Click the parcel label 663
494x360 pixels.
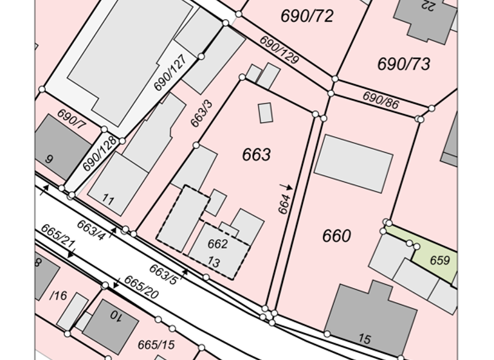tap(256, 155)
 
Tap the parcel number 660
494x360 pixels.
tap(336, 236)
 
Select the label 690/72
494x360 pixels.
tap(307, 16)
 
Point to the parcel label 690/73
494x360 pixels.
tap(403, 64)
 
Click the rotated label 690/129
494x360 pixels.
tap(280, 50)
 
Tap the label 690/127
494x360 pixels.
tap(169, 73)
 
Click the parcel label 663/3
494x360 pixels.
tap(201, 113)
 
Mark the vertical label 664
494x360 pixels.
tap(284, 203)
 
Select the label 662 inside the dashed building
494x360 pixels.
tap(217, 244)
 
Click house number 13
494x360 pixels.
tap(214, 262)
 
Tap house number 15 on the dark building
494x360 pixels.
tap(365, 339)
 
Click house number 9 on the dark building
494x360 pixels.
tap(49, 158)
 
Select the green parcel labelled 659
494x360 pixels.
tap(439, 260)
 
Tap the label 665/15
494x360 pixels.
tap(156, 345)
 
